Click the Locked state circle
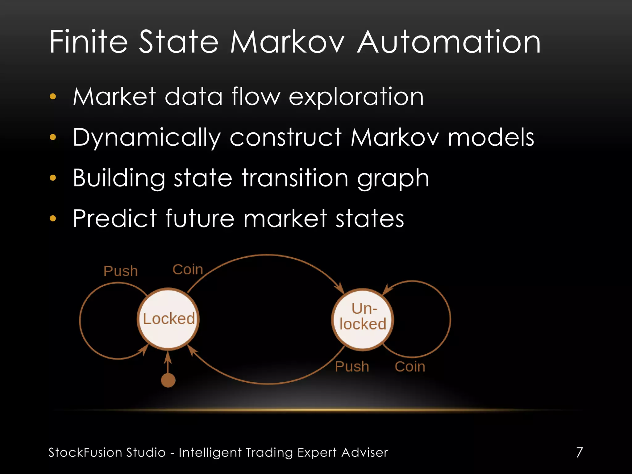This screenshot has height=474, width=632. pos(168,319)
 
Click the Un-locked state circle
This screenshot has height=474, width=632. pos(363,319)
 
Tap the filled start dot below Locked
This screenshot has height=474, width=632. pos(168,380)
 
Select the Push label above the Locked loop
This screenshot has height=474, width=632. pos(121,271)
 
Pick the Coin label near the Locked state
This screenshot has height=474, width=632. pos(188,270)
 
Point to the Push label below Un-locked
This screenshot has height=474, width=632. pos(352,367)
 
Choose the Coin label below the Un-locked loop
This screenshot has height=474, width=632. pos(410,367)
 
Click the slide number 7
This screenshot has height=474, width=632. pos(580,452)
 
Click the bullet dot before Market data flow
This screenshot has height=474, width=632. pos(53,97)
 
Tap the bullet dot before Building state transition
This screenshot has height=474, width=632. pos(53,178)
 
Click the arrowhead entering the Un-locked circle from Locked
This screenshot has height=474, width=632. pos(341,288)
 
